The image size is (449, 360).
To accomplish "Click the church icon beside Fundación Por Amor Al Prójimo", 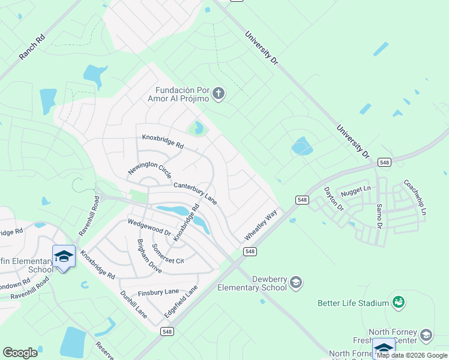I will point(218,93).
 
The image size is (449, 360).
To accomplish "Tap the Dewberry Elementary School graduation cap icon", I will point(295,282).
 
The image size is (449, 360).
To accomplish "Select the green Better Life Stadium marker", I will point(398,302).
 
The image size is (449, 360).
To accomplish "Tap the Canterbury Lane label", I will point(196,191).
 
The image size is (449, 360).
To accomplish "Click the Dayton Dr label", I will point(333,199).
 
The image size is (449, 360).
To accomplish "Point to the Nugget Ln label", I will point(356,192).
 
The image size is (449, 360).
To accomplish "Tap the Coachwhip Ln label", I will point(414,198).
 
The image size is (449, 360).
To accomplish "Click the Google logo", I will point(20,352).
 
